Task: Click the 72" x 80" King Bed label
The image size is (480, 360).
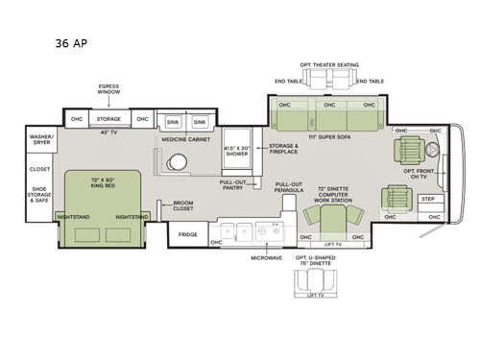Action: pos(104,182)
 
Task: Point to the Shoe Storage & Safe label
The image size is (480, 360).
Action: pos(41,195)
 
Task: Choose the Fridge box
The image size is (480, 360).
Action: pos(188,234)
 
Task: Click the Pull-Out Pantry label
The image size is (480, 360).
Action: pos(234,184)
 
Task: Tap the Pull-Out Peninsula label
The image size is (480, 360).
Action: pos(288,187)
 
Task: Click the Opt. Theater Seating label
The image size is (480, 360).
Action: pos(328,64)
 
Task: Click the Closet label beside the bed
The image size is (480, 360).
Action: pos(40,169)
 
